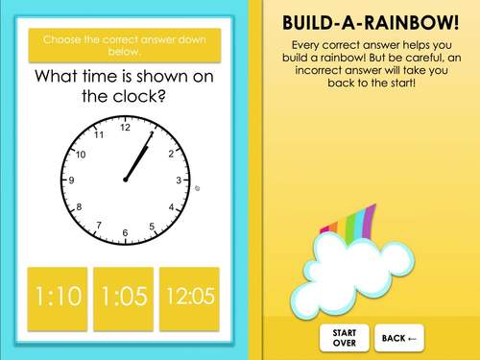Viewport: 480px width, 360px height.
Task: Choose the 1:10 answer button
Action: pos(58,297)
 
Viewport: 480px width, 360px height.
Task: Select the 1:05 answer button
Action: pos(123,297)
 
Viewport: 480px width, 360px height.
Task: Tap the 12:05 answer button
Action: pos(189,297)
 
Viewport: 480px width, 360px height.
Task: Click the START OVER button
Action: pos(345,337)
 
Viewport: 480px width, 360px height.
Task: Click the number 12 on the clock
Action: pos(125,127)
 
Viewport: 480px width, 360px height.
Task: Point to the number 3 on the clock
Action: pos(178,180)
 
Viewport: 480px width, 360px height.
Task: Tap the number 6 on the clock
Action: pos(125,233)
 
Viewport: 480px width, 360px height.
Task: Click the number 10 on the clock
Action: pos(81,154)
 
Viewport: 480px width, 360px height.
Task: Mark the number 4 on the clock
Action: pos(171,207)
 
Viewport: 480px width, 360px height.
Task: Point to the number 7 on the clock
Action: pos(98,226)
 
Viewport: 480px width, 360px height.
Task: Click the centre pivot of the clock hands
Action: pos(125,180)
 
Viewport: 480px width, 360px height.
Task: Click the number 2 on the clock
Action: pos(170,154)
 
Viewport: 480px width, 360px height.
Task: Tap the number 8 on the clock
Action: pos(79,206)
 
